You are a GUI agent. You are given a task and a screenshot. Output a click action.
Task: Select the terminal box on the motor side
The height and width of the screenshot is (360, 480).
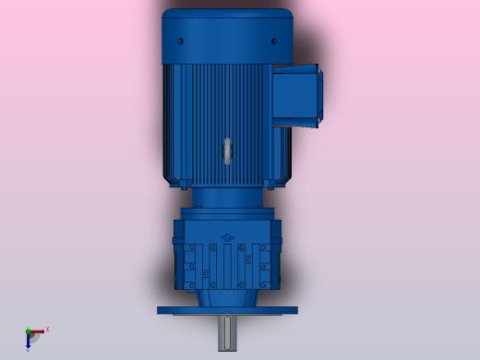click(x=297, y=94)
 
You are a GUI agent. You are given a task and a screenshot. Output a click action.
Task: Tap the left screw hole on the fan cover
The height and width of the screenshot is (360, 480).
click(x=181, y=41)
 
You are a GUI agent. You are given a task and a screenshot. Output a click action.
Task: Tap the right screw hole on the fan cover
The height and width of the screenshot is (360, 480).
click(x=274, y=41)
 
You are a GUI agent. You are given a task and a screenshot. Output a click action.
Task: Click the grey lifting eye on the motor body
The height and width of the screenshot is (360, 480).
click(x=227, y=151)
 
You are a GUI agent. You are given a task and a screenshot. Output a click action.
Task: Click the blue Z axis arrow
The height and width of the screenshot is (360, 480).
click(x=28, y=342)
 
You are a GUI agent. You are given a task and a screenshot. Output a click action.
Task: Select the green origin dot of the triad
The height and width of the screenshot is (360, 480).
click(x=28, y=330)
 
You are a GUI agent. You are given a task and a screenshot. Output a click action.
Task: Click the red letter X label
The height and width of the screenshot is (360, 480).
click(x=47, y=329)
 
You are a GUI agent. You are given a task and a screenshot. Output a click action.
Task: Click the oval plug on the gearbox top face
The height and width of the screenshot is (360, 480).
click(x=227, y=236)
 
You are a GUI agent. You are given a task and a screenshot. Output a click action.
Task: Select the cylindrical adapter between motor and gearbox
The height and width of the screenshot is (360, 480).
click(x=227, y=198)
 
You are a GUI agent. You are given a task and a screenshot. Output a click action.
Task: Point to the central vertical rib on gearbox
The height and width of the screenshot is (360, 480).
click(x=227, y=268)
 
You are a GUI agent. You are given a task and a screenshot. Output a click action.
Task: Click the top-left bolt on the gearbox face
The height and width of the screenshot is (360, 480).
click(x=189, y=248)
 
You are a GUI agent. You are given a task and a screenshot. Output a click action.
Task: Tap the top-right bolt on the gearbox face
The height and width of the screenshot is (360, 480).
click(x=265, y=248)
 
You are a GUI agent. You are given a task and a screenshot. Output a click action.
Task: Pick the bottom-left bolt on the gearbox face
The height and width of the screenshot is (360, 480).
click(x=189, y=282)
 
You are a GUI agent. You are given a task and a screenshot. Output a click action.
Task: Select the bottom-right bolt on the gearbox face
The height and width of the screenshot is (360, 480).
click(x=265, y=282)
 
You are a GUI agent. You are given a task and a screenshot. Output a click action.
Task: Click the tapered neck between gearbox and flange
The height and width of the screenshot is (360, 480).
click(x=227, y=298)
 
